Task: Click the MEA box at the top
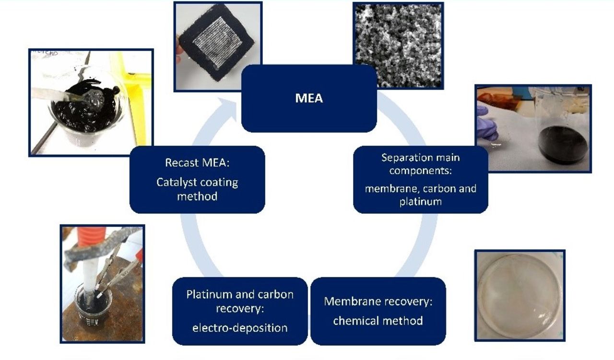pyautogui.click(x=309, y=99)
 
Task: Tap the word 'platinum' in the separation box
pyautogui.click(x=420, y=201)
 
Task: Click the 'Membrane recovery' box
pyautogui.click(x=378, y=311)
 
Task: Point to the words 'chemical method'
pyautogui.click(x=378, y=320)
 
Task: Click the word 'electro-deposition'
pyautogui.click(x=239, y=328)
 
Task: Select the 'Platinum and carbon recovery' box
pyautogui.click(x=239, y=311)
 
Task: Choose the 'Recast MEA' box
pyautogui.click(x=197, y=179)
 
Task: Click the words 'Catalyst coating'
pyautogui.click(x=197, y=182)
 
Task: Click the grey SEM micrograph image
pyautogui.click(x=398, y=46)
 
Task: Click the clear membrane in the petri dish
pyautogui.click(x=520, y=295)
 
